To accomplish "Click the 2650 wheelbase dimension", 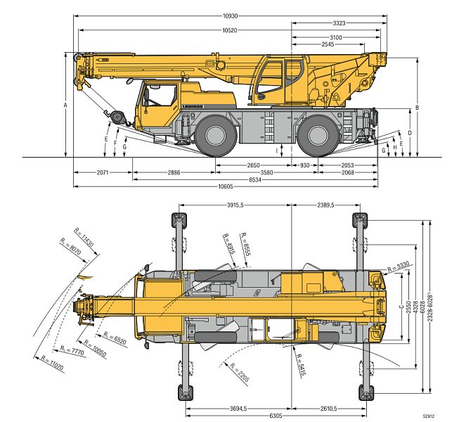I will click(x=253, y=165).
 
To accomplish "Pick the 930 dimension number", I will click(x=304, y=165).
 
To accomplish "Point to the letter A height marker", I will click(x=65, y=105).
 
